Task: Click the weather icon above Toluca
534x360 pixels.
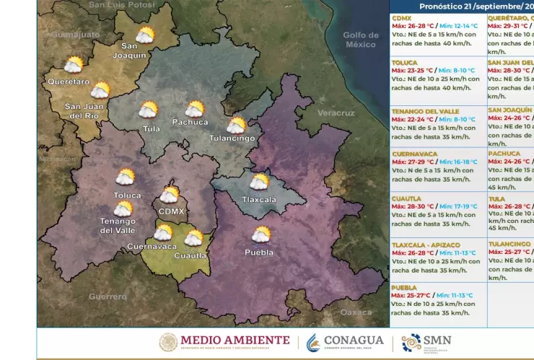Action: (126, 177)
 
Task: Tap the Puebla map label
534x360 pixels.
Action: (259, 253)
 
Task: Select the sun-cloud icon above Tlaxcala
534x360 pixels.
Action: (259, 182)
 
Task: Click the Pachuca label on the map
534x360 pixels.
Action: (190, 122)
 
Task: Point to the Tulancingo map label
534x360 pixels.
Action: (232, 138)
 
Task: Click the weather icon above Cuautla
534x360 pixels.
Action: (193, 238)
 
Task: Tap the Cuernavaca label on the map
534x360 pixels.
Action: (152, 246)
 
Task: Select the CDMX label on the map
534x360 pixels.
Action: (171, 211)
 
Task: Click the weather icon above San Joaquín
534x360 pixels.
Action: (145, 35)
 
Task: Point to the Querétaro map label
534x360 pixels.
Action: (69, 82)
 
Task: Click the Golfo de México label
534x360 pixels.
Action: (360, 40)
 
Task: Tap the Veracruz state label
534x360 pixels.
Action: (336, 113)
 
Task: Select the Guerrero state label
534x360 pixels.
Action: (108, 297)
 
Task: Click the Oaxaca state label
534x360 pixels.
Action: (356, 312)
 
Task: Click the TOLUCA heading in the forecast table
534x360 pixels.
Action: (406, 62)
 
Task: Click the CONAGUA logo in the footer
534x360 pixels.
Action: (344, 342)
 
